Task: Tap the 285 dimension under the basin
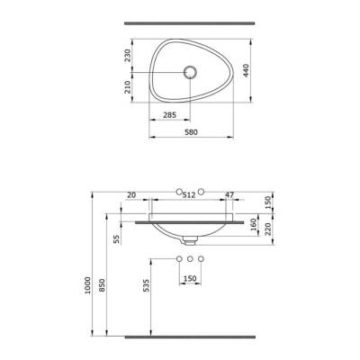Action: click(x=169, y=114)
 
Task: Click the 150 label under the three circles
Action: click(x=190, y=278)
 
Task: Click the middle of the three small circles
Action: click(x=190, y=259)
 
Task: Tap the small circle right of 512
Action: click(x=202, y=192)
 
